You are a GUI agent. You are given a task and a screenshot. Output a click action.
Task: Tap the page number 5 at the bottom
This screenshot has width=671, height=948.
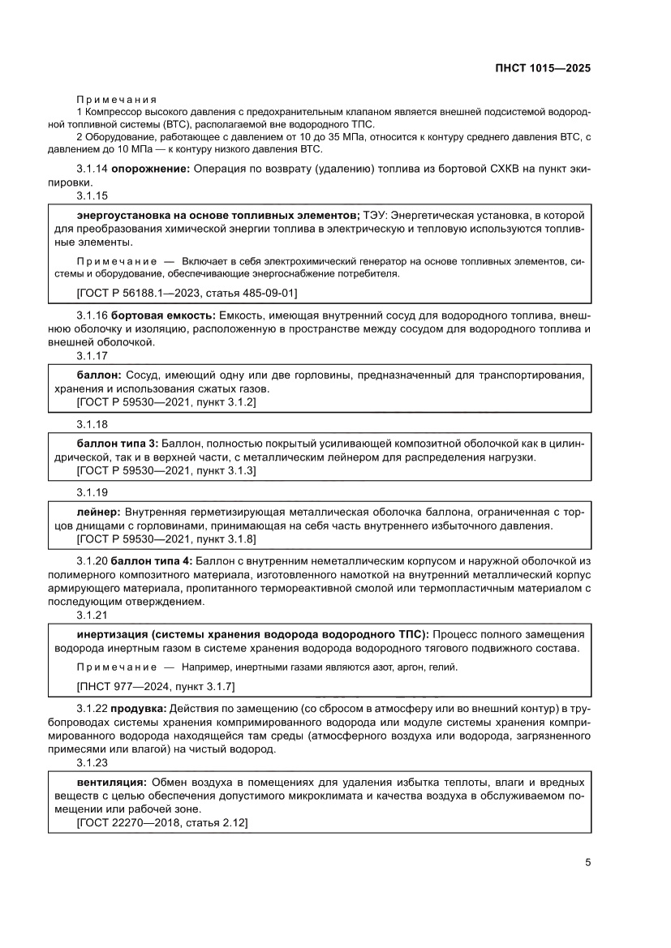[x=587, y=862]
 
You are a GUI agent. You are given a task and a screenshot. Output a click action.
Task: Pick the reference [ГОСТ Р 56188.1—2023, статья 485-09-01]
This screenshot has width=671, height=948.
[x=191, y=292]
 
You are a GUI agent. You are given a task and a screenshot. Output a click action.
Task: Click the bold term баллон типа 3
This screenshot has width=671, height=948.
[x=118, y=444]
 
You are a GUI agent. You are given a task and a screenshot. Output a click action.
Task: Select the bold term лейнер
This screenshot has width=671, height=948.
[x=99, y=513]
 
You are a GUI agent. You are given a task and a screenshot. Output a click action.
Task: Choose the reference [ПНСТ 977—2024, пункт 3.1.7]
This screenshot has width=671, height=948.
[x=155, y=686]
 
